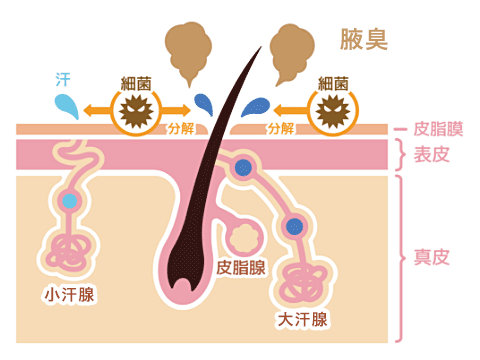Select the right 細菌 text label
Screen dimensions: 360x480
[333, 84]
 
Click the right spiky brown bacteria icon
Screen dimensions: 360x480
[333, 110]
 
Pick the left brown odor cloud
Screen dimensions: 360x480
[187, 50]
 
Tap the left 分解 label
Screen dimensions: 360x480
[182, 129]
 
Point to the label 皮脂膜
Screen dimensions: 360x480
[439, 130]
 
